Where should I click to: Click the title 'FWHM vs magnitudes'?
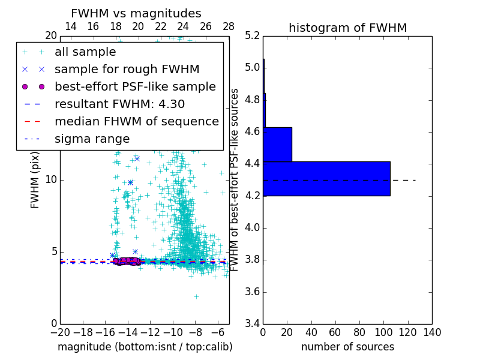[x=136, y=14]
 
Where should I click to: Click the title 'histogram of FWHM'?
[x=347, y=28]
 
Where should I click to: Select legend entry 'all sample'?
[x=85, y=52]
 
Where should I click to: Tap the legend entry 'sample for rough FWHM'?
[x=127, y=69]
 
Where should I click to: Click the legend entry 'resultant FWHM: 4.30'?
[x=119, y=104]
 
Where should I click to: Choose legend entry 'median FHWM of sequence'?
[x=136, y=121]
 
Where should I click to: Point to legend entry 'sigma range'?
[x=92, y=139]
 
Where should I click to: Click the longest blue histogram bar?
[x=326, y=178]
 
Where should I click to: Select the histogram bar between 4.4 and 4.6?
[x=277, y=144]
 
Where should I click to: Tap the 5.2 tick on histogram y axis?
[x=253, y=35]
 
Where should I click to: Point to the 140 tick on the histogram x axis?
[x=432, y=332]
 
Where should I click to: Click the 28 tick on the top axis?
[x=229, y=27]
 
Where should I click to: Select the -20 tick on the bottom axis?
[x=60, y=332]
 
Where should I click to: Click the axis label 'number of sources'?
[x=347, y=347]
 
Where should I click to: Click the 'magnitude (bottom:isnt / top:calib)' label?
[x=145, y=347]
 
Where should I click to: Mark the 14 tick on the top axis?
[x=70, y=27]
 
